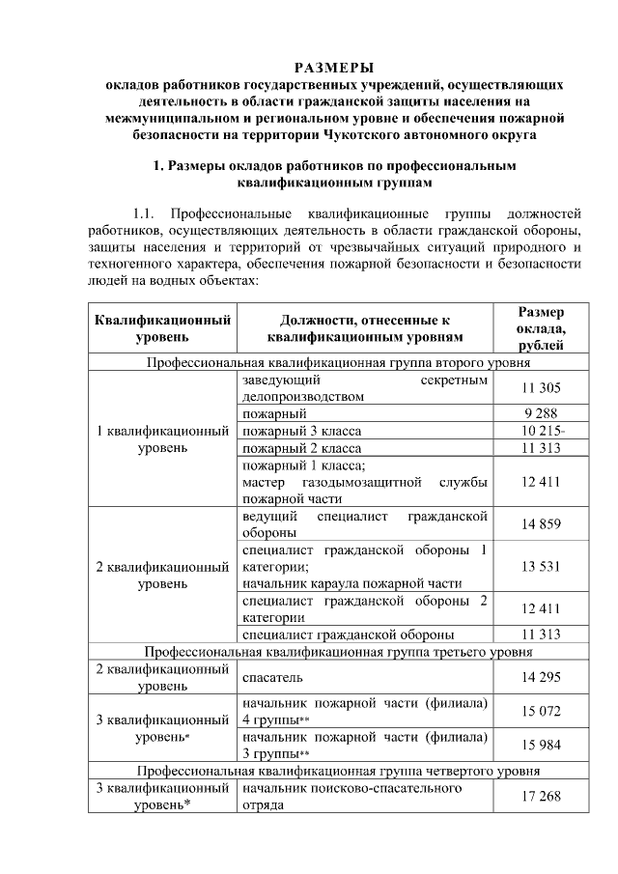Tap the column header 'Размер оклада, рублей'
(541, 328)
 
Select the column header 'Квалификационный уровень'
(162, 328)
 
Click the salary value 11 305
(541, 387)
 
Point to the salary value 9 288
(541, 413)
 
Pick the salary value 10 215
(541, 431)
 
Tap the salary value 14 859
(541, 524)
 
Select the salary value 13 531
(541, 566)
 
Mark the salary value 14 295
(541, 678)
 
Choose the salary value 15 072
(541, 711)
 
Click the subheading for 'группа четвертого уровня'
(337, 771)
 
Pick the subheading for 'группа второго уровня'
(337, 363)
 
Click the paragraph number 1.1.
(143, 211)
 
